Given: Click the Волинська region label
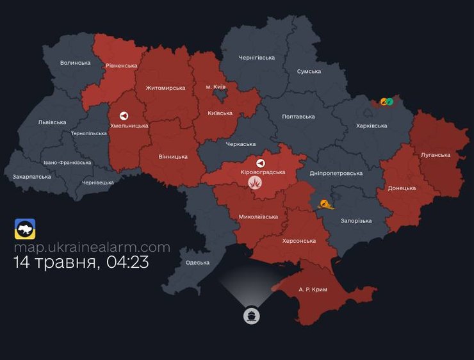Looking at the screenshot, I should click(x=75, y=63).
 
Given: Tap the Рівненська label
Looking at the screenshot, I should click(x=122, y=65).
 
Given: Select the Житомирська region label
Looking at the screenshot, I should click(x=165, y=88).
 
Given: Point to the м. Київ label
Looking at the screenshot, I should click(x=215, y=86).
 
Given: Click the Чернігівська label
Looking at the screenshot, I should click(x=256, y=58).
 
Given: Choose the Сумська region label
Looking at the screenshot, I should click(x=309, y=71).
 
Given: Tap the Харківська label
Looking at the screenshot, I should click(x=372, y=126).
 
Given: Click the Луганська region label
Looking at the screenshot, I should click(x=436, y=155).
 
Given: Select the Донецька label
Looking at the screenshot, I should click(x=402, y=188).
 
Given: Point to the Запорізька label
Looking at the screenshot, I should click(x=356, y=221).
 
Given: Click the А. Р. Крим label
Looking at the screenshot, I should click(x=313, y=290).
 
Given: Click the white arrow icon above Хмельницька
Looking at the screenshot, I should click(x=124, y=116).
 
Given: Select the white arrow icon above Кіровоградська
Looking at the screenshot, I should click(x=260, y=163).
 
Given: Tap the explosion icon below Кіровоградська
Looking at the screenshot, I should click(x=255, y=183).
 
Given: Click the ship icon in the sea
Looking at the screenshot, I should click(x=251, y=316).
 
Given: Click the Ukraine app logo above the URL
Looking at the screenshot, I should click(x=25, y=229).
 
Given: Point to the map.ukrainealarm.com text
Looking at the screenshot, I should click(x=92, y=247).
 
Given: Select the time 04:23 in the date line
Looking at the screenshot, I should click(x=127, y=262).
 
